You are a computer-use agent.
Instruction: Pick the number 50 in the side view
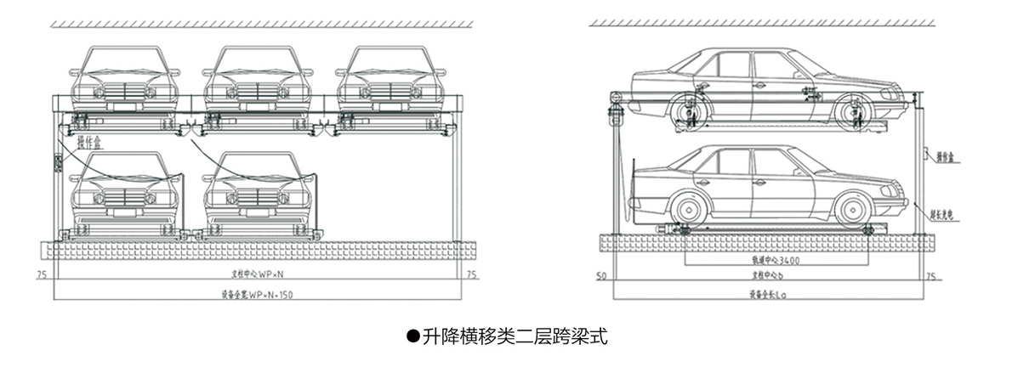click(x=600, y=277)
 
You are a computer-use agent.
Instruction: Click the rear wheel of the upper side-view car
click(x=688, y=111)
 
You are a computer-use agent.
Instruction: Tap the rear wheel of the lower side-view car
click(x=688, y=209)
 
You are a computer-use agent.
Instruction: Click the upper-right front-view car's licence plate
click(x=390, y=106)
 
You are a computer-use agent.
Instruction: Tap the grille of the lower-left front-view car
click(x=124, y=197)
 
